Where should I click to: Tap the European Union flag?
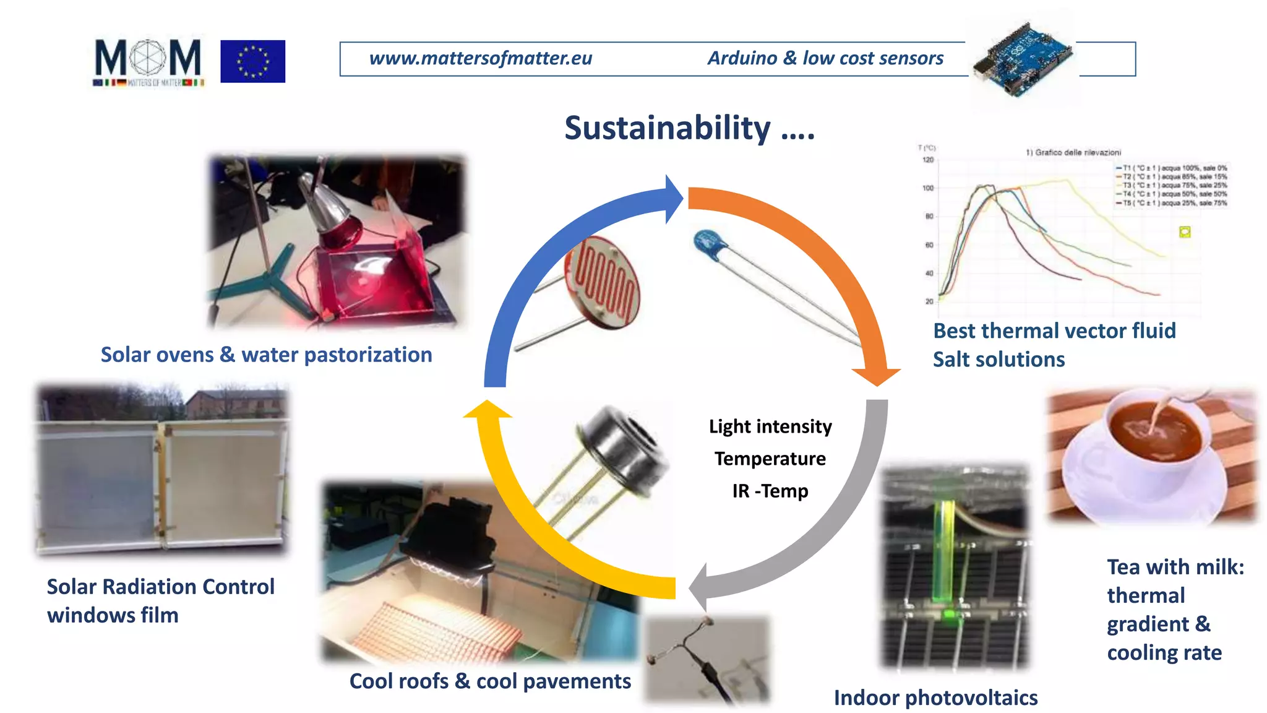coord(252,61)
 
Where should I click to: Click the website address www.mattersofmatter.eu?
coord(480,58)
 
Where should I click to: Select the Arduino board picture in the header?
coord(1022,59)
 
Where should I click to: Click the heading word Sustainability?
coord(667,128)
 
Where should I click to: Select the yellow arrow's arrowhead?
coord(487,410)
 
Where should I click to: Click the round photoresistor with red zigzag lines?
coord(602,283)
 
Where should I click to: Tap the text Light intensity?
coord(770,426)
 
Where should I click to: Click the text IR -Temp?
coord(770,491)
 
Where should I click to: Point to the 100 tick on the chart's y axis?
coord(928,188)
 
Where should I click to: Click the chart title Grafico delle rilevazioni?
coord(1073,152)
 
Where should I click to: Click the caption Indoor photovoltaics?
coord(935,698)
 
